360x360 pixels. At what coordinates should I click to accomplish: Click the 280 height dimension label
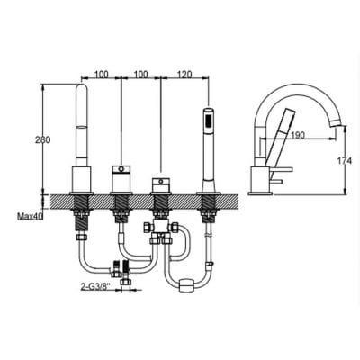coord(42,139)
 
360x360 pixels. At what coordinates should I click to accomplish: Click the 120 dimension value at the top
coord(184,74)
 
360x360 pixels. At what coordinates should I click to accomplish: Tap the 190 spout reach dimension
coord(298,135)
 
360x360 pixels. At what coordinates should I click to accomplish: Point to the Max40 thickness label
coord(30,216)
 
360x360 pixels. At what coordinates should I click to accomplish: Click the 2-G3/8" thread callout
coord(95,286)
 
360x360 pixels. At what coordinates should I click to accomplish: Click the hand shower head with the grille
coord(208,121)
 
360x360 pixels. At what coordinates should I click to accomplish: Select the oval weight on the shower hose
coord(186,284)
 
